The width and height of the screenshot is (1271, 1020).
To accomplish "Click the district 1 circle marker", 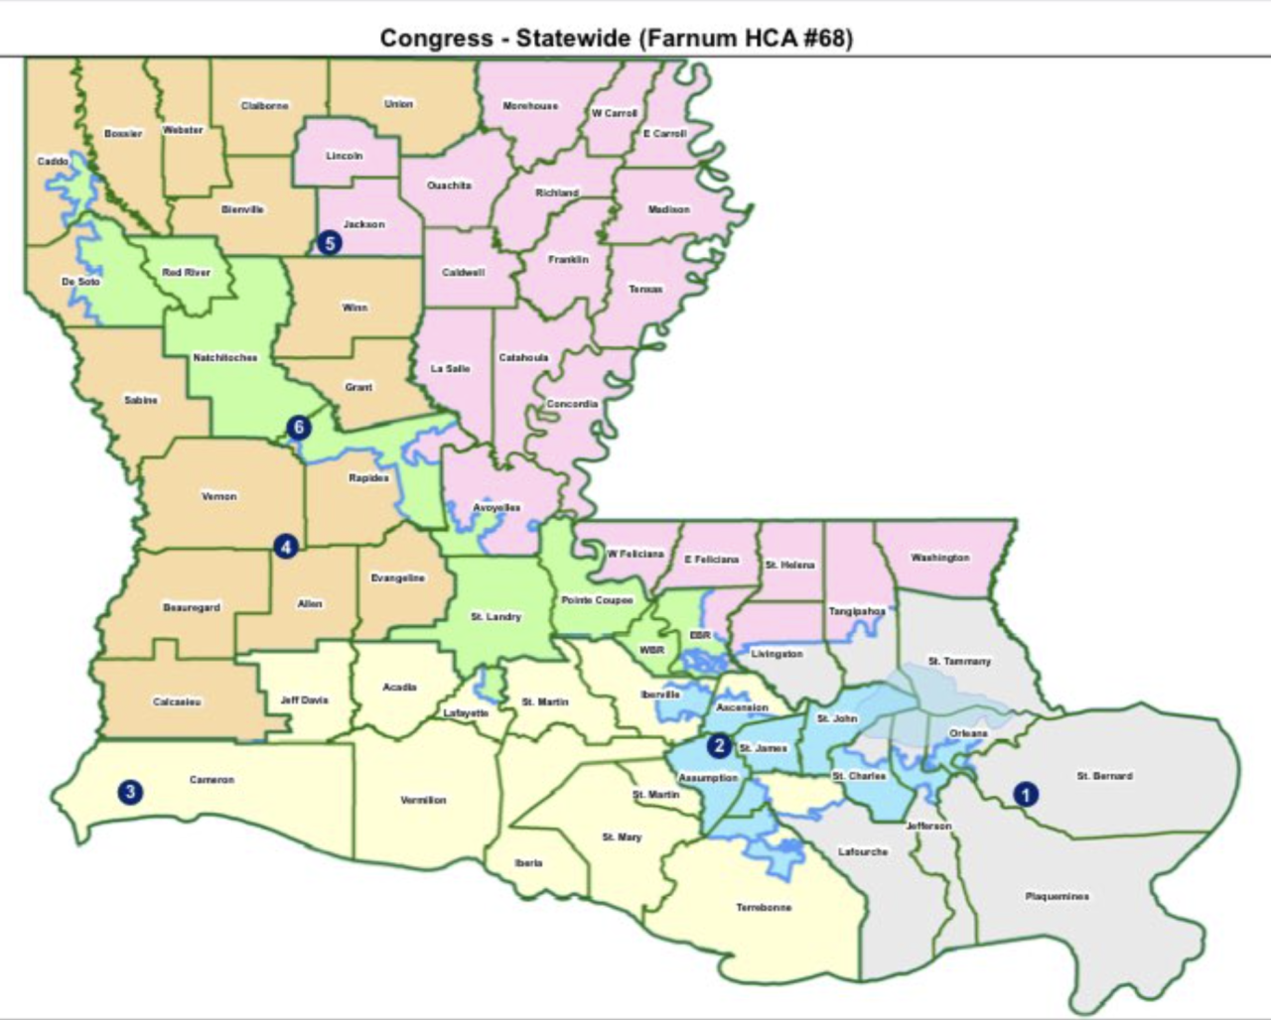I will (x=1025, y=794).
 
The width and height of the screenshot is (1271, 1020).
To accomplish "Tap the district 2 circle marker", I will (x=718, y=746).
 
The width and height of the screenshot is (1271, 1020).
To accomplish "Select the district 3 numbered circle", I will (x=129, y=792).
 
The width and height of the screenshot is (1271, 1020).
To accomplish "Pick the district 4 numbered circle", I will (x=286, y=547).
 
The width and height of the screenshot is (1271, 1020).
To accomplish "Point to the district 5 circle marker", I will (x=330, y=242).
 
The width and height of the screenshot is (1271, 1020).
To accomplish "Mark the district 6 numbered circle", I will (x=299, y=428).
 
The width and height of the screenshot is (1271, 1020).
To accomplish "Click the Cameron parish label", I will (x=212, y=780).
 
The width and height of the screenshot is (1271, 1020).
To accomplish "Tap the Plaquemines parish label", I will (x=1057, y=896).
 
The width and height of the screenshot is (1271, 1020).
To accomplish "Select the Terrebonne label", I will (x=764, y=907).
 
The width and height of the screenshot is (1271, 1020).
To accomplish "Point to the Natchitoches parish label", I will (x=225, y=357).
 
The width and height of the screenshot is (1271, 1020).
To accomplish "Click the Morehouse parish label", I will (x=530, y=105).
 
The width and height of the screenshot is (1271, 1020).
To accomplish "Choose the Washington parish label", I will (x=939, y=558).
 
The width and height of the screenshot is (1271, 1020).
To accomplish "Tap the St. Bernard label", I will (x=1104, y=776).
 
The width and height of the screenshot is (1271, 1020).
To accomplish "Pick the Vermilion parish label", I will (x=424, y=800).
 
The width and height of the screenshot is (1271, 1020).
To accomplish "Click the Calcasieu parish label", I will (x=178, y=701).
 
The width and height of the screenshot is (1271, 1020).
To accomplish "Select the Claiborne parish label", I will (x=264, y=105).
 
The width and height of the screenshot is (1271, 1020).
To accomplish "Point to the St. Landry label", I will (x=495, y=617).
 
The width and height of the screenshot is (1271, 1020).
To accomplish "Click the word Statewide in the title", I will (x=573, y=39).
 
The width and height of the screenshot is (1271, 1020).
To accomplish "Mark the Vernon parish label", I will (x=219, y=495).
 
